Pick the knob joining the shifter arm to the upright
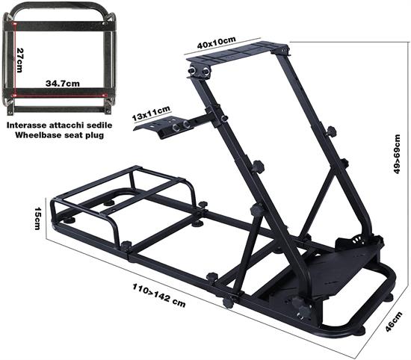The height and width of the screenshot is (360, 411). tap(223, 117)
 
